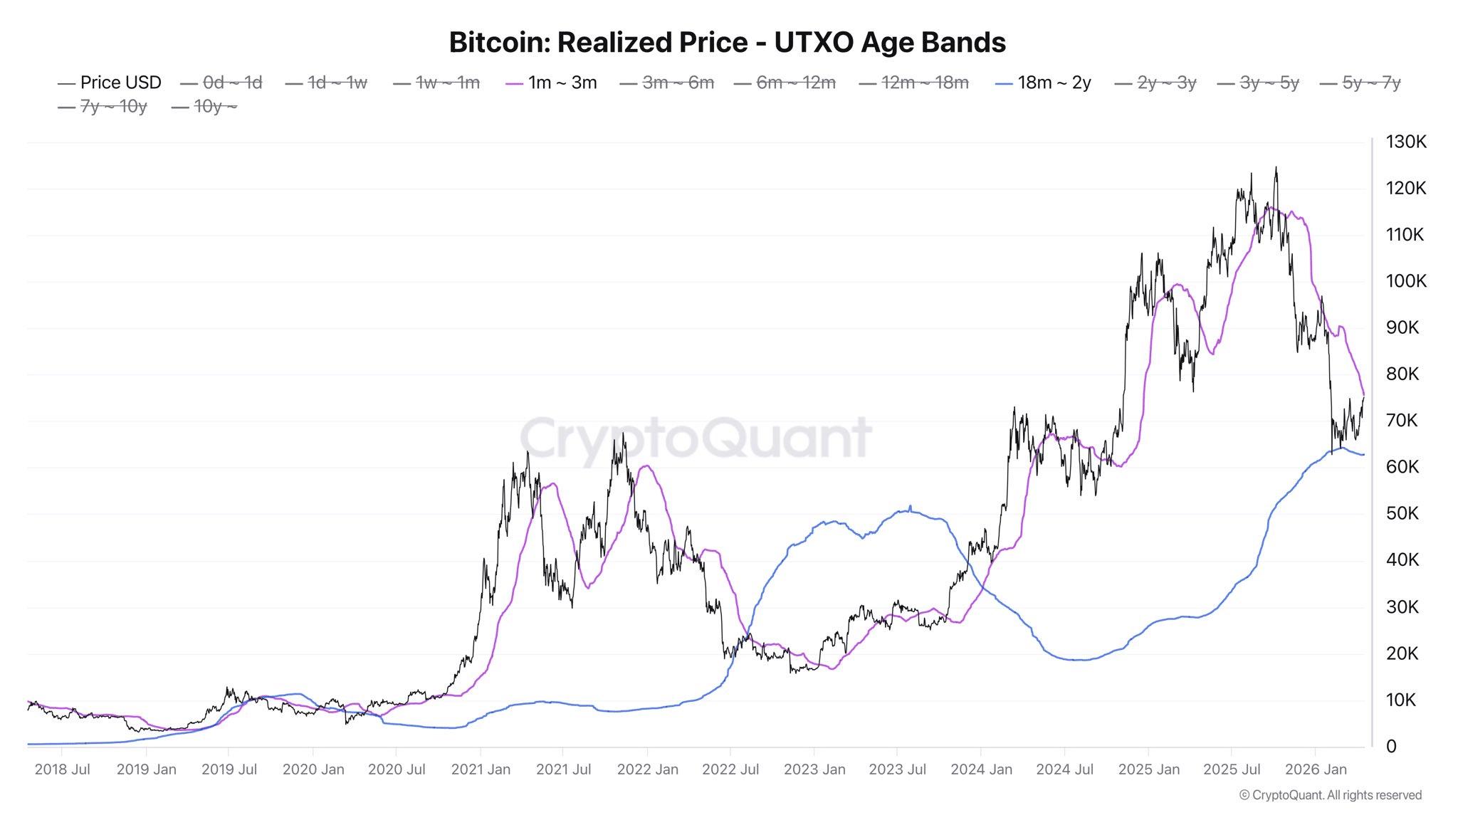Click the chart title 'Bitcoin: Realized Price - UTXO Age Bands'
click(727, 42)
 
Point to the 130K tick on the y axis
click(1405, 142)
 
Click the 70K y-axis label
click(1401, 421)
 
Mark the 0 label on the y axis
click(1391, 747)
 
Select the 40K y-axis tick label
click(1402, 560)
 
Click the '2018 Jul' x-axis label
click(62, 769)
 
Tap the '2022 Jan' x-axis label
click(647, 769)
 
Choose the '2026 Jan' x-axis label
click(1315, 769)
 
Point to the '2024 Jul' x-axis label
click(1064, 769)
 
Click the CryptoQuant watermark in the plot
click(696, 437)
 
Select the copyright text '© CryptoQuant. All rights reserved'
click(1331, 795)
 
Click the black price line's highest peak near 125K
click(1276, 168)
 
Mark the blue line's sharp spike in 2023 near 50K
click(910, 506)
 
